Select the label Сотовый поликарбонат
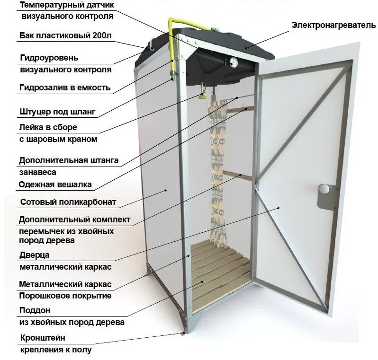pyautogui.click(x=68, y=202)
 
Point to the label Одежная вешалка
pyautogui.click(x=55, y=184)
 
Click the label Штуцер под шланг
pyautogui.click(x=57, y=112)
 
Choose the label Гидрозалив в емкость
pyautogui.click(x=65, y=87)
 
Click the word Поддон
pyautogui.click(x=35, y=310)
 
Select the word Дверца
pyautogui.click(x=34, y=255)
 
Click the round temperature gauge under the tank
pyautogui.click(x=234, y=61)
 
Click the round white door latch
pyautogui.click(x=325, y=189)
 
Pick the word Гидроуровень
pyautogui.click(x=49, y=58)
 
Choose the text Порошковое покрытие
pyautogui.click(x=65, y=296)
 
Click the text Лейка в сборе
pyautogui.click(x=48, y=127)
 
